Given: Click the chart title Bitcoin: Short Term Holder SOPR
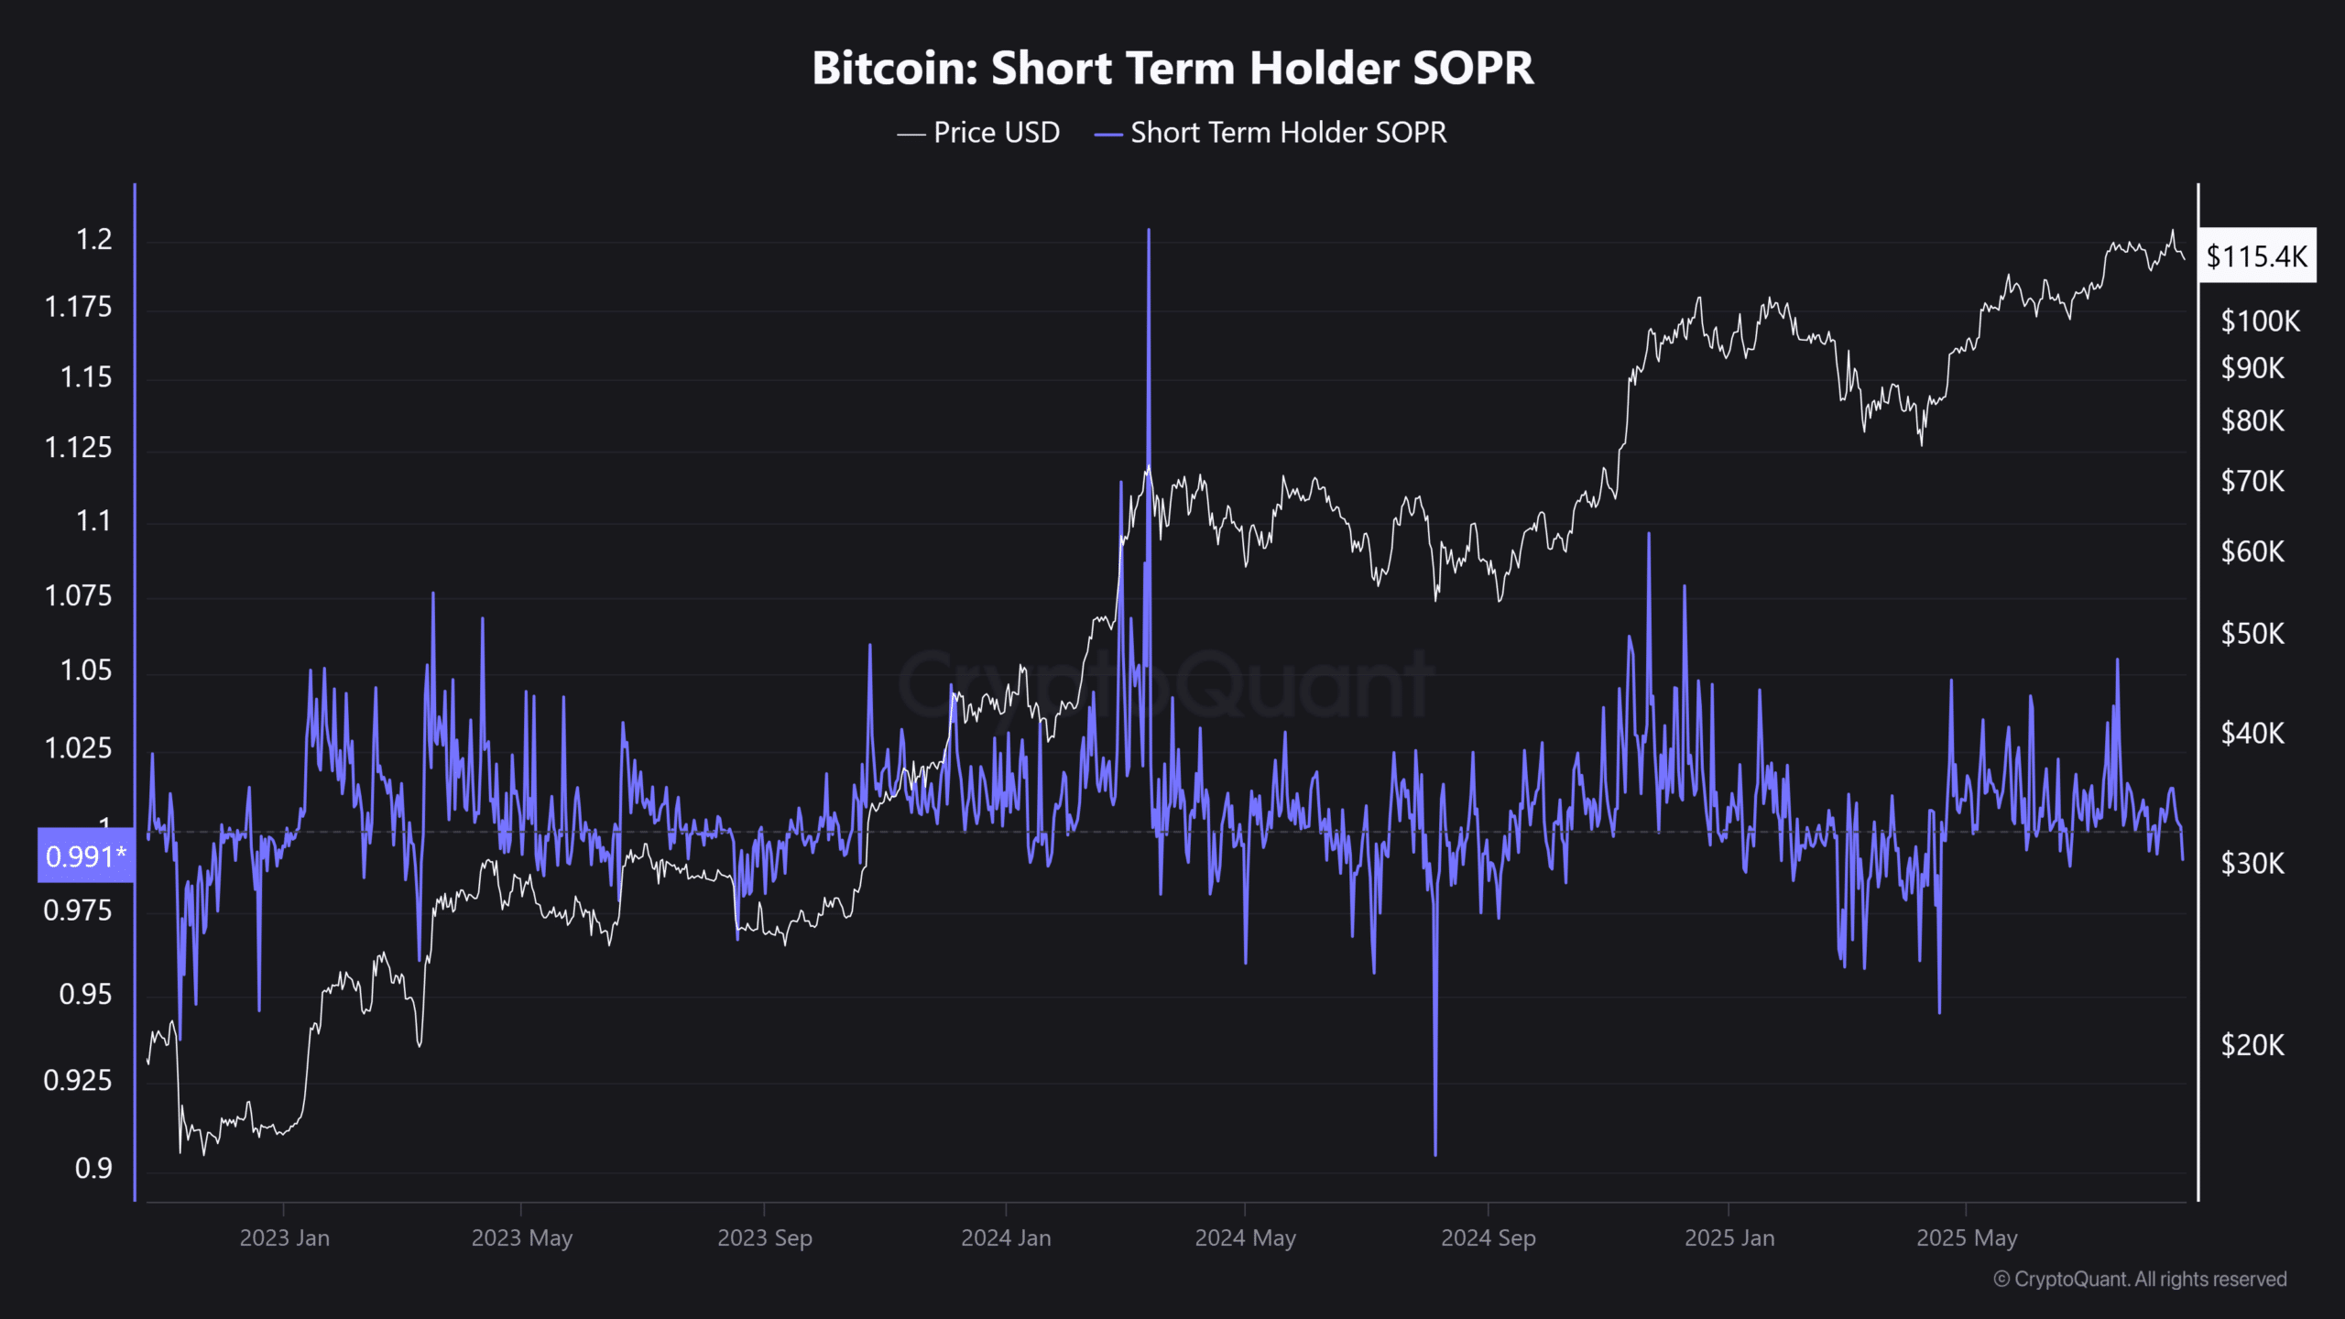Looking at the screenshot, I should pos(1172,68).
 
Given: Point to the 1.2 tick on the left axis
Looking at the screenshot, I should pos(93,240).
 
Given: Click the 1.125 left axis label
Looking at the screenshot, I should pos(79,448).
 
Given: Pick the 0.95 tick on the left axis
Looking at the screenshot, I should pos(85,995).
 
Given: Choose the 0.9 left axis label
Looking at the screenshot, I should pos(93,1169).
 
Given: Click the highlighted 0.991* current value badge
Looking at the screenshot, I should pos(86,856).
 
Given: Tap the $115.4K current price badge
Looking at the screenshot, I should pos(2257,256).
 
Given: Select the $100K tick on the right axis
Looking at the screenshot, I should pos(2260,322).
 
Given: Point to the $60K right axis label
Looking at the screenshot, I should pos(2252,552).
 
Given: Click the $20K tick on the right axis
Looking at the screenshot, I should pos(2252,1045).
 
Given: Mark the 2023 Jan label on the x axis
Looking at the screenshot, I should pos(284,1238).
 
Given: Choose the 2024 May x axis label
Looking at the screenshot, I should pos(1245,1238).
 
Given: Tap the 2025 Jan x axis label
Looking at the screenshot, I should pos(1729,1238).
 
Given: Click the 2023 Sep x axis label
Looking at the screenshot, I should pos(765,1238).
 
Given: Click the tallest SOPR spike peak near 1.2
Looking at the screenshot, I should pos(1149,232).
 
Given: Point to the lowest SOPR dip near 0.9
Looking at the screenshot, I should pos(1435,1152).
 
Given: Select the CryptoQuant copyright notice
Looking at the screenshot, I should pos(2140,1280).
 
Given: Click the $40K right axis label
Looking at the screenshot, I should pos(2252,734).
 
